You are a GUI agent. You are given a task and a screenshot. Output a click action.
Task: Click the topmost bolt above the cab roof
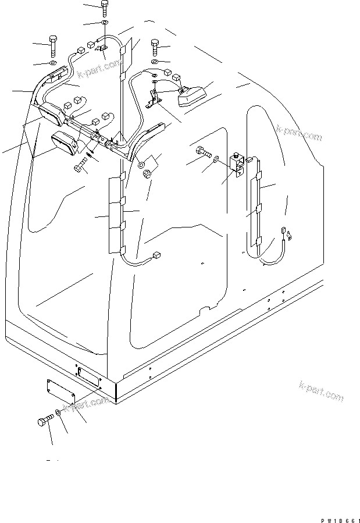coord(104,8)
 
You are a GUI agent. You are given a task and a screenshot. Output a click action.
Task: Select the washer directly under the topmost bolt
coord(104,23)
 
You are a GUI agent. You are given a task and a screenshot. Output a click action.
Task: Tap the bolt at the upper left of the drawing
coord(52,44)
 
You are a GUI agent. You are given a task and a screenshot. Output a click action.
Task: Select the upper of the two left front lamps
coord(52,113)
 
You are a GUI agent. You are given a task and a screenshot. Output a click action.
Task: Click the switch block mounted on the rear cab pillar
coord(236,164)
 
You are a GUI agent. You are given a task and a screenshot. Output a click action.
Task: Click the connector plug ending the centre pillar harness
coord(155,255)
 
